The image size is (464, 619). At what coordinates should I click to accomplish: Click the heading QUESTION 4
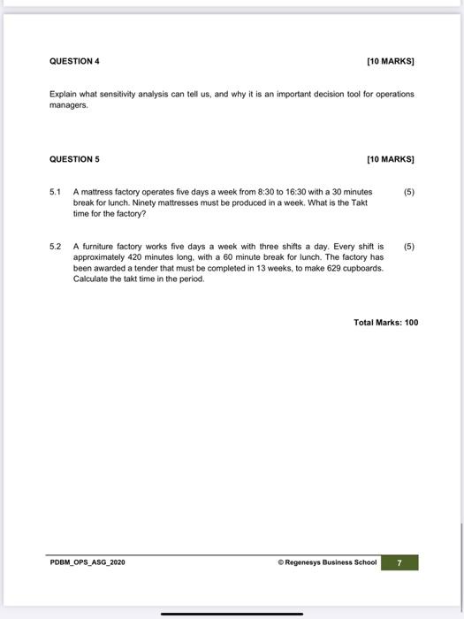(x=74, y=61)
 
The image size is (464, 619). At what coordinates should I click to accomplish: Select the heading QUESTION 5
(x=74, y=159)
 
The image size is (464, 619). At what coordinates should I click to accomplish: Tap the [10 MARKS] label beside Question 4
(x=390, y=61)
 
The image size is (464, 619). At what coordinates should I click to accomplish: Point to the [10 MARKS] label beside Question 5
(x=390, y=159)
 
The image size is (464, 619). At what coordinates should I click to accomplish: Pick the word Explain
(x=63, y=93)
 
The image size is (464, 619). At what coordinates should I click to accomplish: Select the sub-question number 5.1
(x=55, y=191)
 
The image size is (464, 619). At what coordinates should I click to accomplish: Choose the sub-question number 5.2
(x=55, y=247)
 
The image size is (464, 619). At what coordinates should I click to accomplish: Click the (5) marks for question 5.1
(x=407, y=191)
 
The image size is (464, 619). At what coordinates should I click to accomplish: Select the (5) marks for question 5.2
(x=407, y=247)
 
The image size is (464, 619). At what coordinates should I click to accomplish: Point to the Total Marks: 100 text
(x=385, y=323)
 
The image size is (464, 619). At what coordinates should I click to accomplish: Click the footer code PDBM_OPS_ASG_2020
(x=87, y=562)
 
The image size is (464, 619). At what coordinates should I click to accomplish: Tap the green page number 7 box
(x=399, y=562)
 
